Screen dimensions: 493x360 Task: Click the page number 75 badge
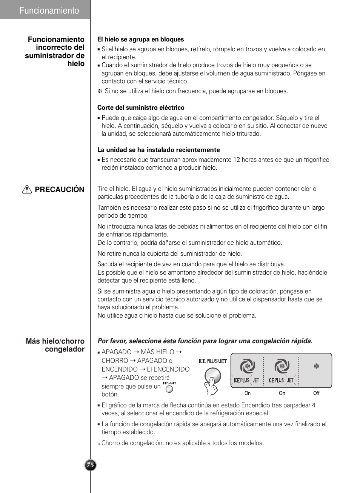click(x=90, y=465)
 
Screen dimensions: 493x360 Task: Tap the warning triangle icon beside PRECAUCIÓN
click(x=27, y=189)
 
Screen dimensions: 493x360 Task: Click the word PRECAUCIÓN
click(x=60, y=189)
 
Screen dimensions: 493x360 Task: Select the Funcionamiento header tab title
click(x=49, y=11)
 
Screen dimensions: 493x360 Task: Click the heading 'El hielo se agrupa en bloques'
click(x=140, y=39)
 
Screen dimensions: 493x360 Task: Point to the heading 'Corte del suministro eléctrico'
click(x=141, y=108)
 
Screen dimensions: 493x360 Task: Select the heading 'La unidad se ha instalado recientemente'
click(x=158, y=150)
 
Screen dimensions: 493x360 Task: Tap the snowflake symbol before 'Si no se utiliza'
click(x=100, y=91)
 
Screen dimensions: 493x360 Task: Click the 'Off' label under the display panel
click(x=316, y=393)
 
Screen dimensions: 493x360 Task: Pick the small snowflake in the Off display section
click(x=316, y=366)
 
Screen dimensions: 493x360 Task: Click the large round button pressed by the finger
click(x=212, y=375)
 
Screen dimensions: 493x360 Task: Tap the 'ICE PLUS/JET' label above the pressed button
click(x=212, y=361)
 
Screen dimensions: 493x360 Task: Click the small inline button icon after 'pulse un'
click(x=169, y=389)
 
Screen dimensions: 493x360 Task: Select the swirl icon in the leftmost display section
click(x=248, y=366)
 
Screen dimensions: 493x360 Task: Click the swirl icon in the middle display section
click(x=282, y=366)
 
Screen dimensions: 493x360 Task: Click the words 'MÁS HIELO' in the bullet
click(x=157, y=352)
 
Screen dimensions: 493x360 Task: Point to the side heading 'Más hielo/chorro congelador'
click(x=55, y=345)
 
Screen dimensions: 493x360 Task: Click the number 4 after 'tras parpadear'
click(x=314, y=405)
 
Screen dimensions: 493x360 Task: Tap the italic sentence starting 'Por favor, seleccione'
click(x=205, y=341)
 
